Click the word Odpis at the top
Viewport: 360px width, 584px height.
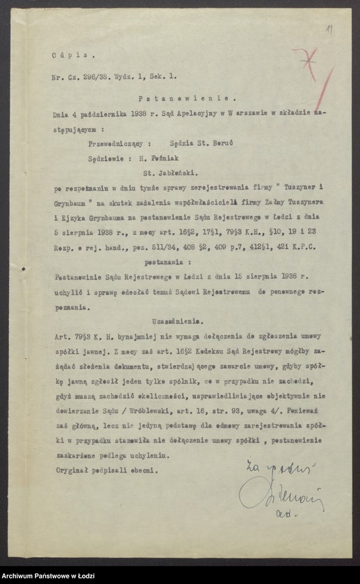[65, 54]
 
